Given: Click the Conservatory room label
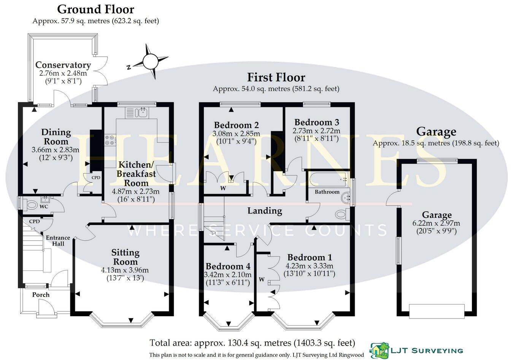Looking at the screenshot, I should coord(63,65).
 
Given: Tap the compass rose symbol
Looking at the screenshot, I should coord(149,61).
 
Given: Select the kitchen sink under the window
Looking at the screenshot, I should coord(143,112).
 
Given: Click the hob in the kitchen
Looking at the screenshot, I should coord(110,140).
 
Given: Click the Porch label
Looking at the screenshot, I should coord(41,295).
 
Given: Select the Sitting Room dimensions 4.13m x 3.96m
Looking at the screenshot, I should coord(125,271).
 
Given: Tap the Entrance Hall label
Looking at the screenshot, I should coord(58,241).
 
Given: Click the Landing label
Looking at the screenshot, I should coord(265,210).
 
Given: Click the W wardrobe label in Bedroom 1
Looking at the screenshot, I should coord(262,280).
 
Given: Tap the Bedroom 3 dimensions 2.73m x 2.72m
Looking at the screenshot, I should coord(316,131).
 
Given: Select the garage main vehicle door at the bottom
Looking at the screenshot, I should coord(436,311).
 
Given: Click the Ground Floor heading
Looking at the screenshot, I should coord(96,9).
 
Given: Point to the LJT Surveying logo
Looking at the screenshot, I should coord(417,350).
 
